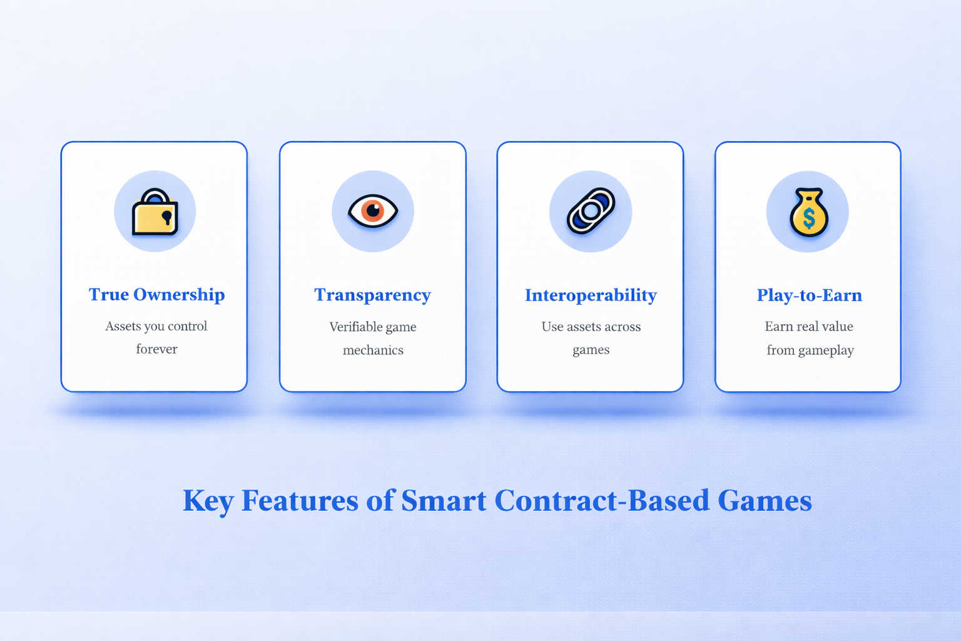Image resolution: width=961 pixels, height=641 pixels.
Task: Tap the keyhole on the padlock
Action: point(166,217)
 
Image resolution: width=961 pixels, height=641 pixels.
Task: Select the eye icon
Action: point(373,211)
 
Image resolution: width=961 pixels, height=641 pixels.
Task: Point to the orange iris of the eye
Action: point(374,210)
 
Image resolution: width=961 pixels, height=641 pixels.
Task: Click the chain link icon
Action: point(591,211)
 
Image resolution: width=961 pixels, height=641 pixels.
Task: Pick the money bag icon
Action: point(808,213)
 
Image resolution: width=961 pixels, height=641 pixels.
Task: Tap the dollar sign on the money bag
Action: point(809,218)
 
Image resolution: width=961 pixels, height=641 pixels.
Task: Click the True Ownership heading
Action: point(156,295)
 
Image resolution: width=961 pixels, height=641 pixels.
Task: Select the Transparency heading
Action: point(372,295)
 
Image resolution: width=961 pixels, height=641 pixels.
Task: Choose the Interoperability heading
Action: point(591,295)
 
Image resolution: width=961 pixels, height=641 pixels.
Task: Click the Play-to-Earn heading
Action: point(809,295)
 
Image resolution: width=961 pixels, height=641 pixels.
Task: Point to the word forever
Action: point(156,349)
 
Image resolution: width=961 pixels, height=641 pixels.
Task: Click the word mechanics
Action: point(373,351)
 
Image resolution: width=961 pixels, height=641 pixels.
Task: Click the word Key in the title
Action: point(208,501)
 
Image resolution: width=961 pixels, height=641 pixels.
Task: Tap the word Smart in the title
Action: point(444,501)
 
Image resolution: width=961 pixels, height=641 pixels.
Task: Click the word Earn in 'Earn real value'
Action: point(778,327)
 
